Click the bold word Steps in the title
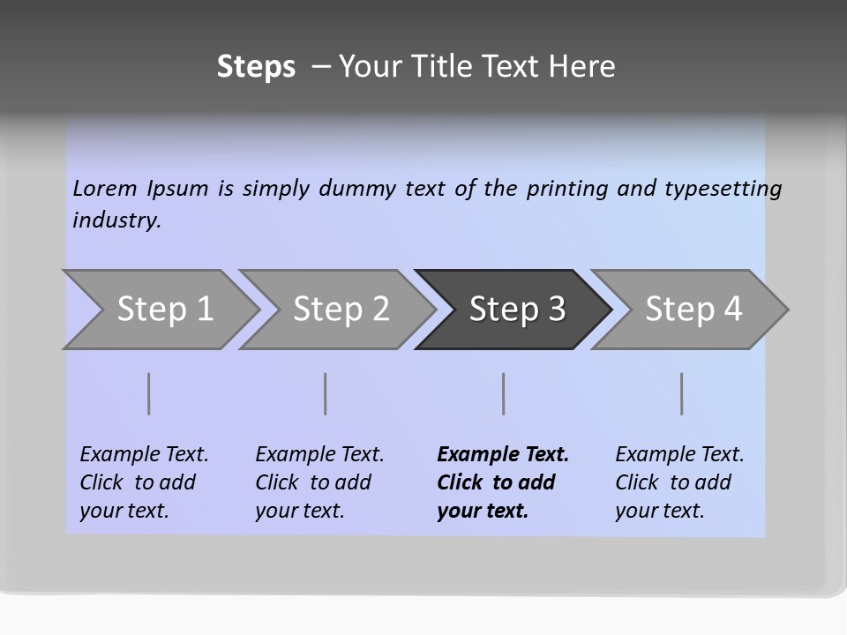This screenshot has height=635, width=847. pos(256,67)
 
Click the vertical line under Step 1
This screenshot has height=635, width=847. pos(149,393)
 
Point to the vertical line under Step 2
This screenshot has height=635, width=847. pos(326,393)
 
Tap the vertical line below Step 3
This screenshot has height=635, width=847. pos(504,393)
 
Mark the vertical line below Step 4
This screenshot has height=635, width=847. pos(682,393)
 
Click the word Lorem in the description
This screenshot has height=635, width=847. pos(105,188)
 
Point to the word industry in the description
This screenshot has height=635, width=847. pos(116,220)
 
